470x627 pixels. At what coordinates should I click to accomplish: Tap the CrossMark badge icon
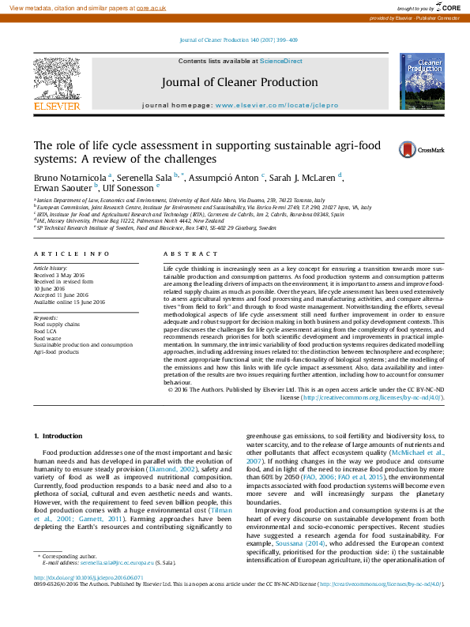click(408, 149)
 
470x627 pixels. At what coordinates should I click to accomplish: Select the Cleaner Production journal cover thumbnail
click(421, 82)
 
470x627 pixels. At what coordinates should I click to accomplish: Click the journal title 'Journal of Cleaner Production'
click(240, 82)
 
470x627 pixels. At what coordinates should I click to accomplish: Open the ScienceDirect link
click(282, 61)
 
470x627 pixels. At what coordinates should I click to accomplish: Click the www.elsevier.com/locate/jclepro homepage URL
click(276, 105)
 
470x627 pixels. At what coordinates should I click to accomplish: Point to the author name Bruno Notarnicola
click(70, 178)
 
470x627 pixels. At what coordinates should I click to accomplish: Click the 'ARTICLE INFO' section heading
click(71, 253)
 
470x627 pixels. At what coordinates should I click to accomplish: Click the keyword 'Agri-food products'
click(57, 351)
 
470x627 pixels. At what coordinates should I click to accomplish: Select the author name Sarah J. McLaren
click(304, 178)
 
